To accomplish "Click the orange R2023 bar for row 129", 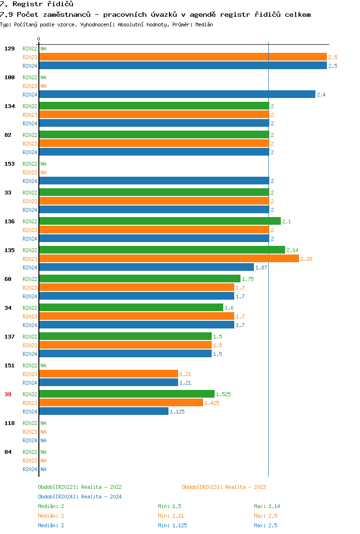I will pyautogui.click(x=182, y=57).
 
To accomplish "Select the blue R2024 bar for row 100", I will pyautogui.click(x=177, y=95).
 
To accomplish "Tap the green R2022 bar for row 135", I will pyautogui.click(x=162, y=250).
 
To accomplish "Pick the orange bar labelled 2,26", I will pyautogui.click(x=168, y=259).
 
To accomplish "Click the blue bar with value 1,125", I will pyautogui.click(x=104, y=412).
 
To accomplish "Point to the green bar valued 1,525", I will pyautogui.click(x=127, y=394).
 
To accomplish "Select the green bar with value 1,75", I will pyautogui.click(x=140, y=279).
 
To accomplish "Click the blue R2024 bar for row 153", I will pyautogui.click(x=154, y=181).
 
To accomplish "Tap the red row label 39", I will pyautogui.click(x=8, y=394).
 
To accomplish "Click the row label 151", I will pyautogui.click(x=9, y=365).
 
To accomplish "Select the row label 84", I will pyautogui.click(x=8, y=452).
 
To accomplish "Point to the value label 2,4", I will pyautogui.click(x=321, y=95).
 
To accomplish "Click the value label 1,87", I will pyautogui.click(x=261, y=267).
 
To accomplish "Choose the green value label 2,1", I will pyautogui.click(x=287, y=221).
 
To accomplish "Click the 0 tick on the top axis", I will pyautogui.click(x=39, y=39).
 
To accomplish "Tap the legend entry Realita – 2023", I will pyautogui.click(x=224, y=487).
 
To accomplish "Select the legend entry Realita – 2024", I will pyautogui.click(x=80, y=497).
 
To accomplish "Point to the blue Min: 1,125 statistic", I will pyautogui.click(x=172, y=525).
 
